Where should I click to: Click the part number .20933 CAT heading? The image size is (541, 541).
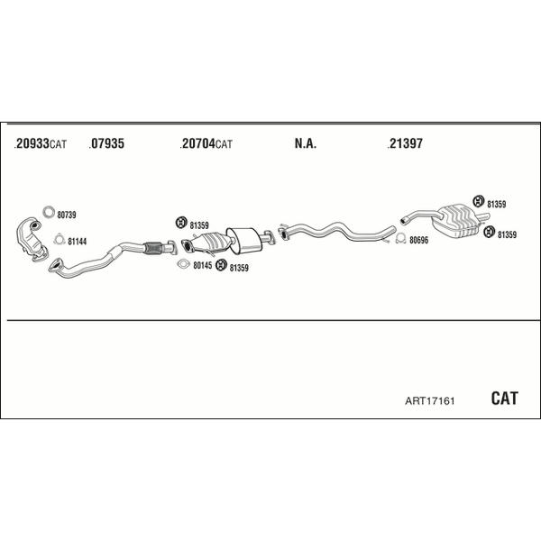click(41, 143)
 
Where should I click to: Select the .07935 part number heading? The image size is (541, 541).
click(106, 143)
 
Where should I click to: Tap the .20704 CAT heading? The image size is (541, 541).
click(206, 143)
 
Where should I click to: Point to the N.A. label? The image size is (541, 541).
click(306, 143)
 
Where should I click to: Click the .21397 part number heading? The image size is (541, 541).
click(405, 143)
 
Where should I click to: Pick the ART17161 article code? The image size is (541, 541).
click(430, 401)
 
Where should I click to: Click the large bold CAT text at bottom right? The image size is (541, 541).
click(504, 399)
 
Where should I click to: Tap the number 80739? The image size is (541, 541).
click(67, 215)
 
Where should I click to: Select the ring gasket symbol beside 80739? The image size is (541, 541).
click(49, 212)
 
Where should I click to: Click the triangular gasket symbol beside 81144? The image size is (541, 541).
click(60, 239)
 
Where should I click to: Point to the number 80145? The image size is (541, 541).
click(203, 265)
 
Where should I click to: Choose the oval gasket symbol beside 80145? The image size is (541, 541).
click(184, 264)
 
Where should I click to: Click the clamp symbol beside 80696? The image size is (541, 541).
click(401, 238)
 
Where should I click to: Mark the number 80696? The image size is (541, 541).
click(419, 240)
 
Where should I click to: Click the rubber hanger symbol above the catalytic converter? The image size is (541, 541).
click(181, 223)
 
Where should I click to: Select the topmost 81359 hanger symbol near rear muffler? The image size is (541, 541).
click(479, 201)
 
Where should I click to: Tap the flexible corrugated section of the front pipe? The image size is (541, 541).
click(153, 248)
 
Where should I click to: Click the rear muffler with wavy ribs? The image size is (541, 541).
click(454, 221)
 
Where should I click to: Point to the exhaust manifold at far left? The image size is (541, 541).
click(31, 239)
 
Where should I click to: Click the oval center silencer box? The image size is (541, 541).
click(244, 241)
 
